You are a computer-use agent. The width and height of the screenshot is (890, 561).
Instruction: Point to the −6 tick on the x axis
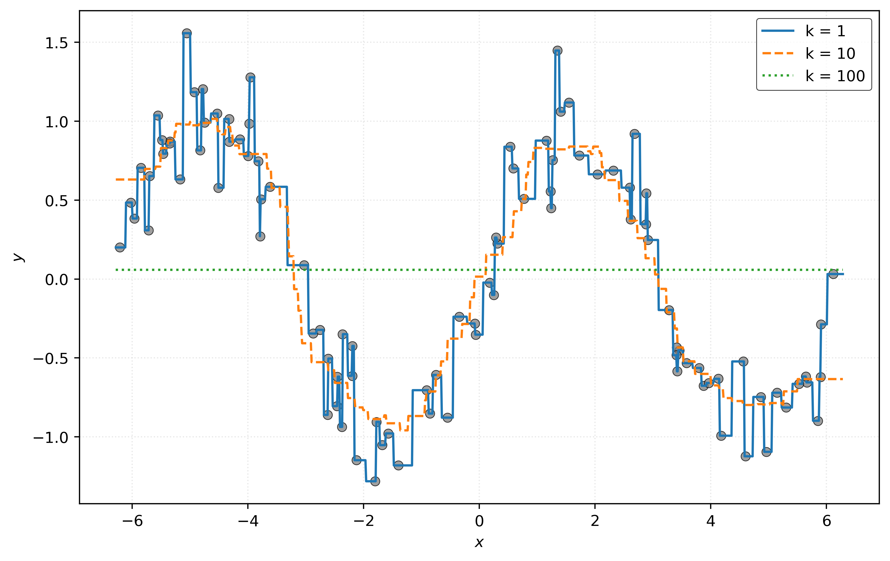coord(132,521)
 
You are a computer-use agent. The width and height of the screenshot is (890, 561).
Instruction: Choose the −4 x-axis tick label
coord(248,521)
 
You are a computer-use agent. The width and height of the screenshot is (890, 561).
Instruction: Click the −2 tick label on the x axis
coord(364,521)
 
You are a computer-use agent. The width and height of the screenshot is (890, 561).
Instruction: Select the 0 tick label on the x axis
coord(479,521)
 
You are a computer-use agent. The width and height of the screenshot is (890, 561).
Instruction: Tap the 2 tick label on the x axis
coord(595,521)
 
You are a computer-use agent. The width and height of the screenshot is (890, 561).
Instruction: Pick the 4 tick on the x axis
coord(711,521)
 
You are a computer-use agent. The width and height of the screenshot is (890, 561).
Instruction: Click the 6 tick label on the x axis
coord(826,521)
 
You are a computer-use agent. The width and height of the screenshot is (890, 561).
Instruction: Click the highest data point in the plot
coord(187,33)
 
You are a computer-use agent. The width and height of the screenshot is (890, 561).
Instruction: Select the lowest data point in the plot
coord(375,481)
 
